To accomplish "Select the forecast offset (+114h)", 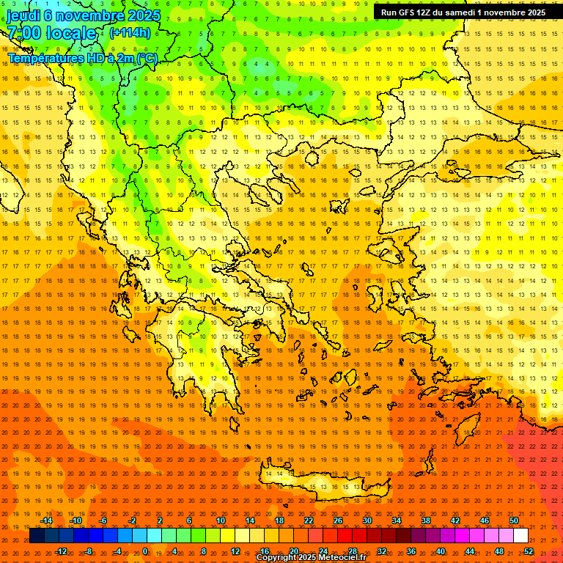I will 130,33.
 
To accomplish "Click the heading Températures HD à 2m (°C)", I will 83,58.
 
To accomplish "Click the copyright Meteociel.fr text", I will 310,558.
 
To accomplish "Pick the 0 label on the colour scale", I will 145,551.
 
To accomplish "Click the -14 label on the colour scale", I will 47,520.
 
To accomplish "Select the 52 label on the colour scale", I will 529,551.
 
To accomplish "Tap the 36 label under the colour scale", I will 411,551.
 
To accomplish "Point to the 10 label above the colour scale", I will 220,520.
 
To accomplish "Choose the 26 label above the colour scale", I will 338,520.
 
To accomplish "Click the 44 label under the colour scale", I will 470,551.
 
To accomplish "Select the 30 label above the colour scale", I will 367,520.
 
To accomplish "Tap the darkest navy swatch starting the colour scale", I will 37,536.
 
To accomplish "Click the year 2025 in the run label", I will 532,12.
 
